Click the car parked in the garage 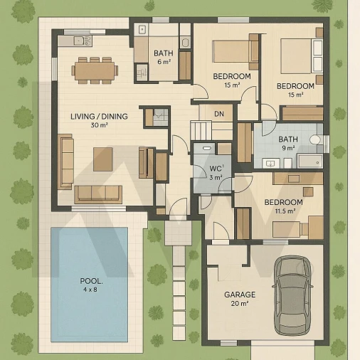coord(292,295)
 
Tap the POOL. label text coord(91,281)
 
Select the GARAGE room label coord(240,295)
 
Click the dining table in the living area coord(95,70)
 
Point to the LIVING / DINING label coord(99,117)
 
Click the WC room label coord(216,169)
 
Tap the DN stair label coord(219,114)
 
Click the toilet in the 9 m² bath coord(316,139)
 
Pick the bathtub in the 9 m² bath coord(310,162)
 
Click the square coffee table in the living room coord(103,159)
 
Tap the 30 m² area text coord(100,125)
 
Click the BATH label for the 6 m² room coord(164,53)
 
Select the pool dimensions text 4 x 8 coord(90,290)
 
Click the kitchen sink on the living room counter coord(82,41)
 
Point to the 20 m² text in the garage coord(240,304)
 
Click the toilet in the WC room coord(207,148)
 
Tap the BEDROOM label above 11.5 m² coord(284,202)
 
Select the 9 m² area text coord(288,148)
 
